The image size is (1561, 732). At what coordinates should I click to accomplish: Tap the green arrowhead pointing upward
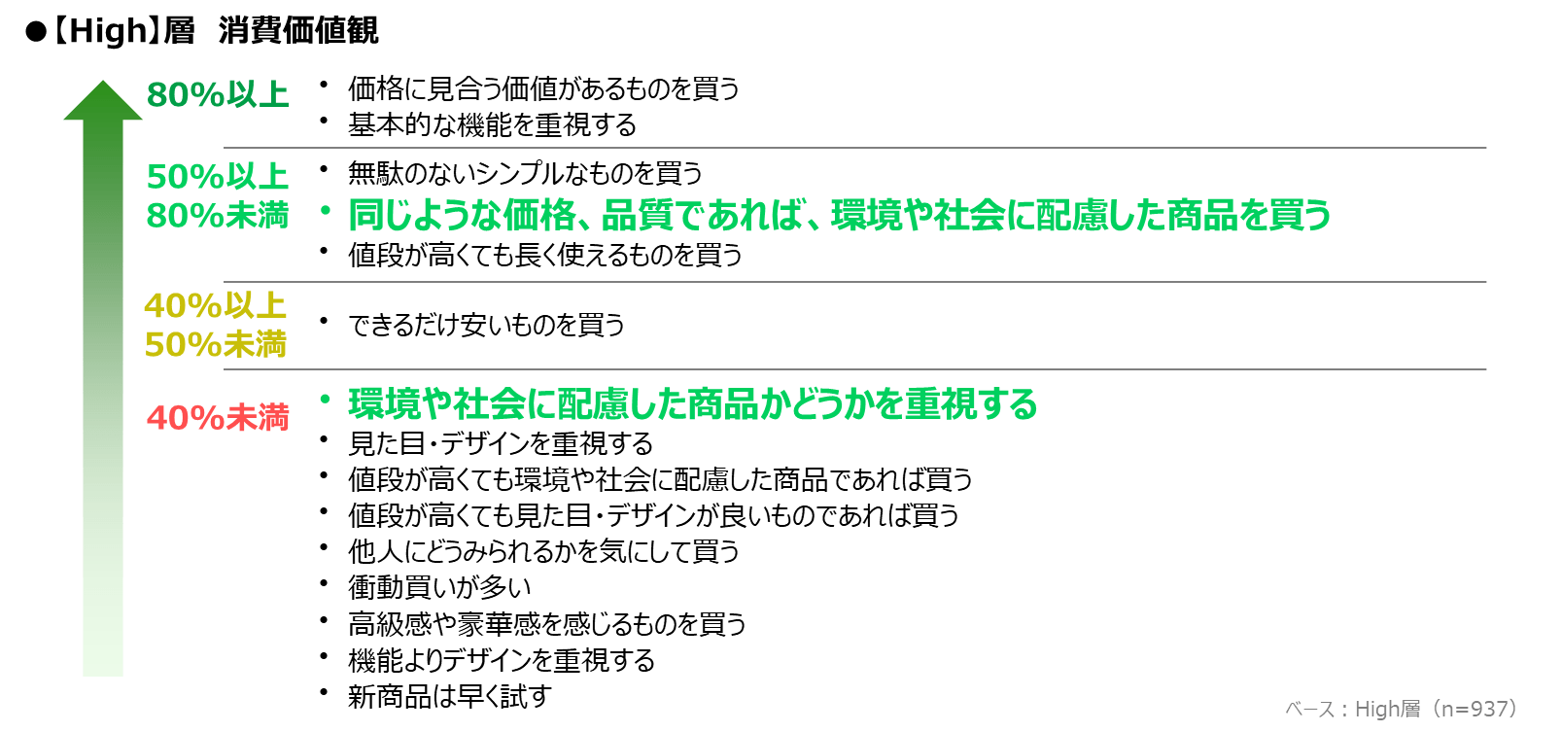102,100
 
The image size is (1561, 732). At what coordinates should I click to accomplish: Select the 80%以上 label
218,94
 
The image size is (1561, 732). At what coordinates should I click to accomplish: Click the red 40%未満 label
218,418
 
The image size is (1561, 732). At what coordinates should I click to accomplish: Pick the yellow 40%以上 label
216,305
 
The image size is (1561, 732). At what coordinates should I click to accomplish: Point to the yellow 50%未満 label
216,344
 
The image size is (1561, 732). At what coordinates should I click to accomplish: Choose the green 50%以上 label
218,176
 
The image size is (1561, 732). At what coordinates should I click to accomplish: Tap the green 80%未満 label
218,216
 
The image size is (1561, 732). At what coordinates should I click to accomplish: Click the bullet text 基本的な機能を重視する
492,125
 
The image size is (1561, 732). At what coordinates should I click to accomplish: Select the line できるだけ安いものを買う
486,325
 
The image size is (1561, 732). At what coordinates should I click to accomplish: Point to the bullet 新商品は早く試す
450,696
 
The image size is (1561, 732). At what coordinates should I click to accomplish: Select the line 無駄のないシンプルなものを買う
526,173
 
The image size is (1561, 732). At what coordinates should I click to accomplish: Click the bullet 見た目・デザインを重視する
501,443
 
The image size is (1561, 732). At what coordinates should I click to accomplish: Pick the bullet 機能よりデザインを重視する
501,660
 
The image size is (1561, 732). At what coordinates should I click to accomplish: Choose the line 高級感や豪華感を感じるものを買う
547,624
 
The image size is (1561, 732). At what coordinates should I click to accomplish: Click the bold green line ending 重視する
693,404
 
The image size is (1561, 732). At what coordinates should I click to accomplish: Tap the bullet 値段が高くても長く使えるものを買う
545,255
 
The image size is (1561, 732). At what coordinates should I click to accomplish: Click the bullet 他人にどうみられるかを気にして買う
543,551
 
